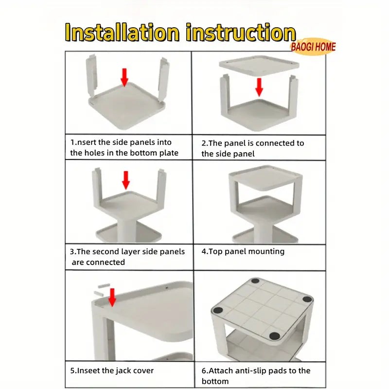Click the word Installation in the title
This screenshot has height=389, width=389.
point(122,32)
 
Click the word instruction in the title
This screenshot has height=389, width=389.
point(241,32)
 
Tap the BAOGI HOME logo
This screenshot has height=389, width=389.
point(313,47)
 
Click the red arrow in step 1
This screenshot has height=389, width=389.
point(124,77)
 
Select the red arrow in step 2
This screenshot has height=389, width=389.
point(259,87)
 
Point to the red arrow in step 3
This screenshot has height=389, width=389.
point(126,180)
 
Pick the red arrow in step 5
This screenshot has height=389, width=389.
point(112,297)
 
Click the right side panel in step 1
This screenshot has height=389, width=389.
point(163,79)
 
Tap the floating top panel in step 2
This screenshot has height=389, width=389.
point(259,66)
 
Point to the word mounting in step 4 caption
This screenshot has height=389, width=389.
point(266,251)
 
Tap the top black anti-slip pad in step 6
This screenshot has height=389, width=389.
point(255,281)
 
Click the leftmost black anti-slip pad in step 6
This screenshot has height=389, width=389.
point(218,310)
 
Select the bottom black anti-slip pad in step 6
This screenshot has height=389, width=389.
point(274,336)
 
